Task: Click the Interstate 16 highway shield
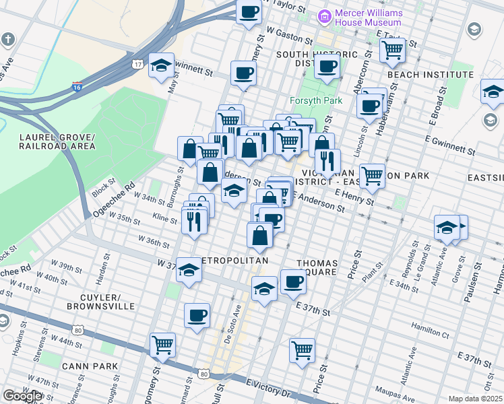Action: pos(77,87)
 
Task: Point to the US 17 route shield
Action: pos(137,64)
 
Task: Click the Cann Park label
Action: pos(90,366)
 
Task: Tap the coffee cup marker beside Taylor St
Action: pos(249,11)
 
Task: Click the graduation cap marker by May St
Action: pos(161,65)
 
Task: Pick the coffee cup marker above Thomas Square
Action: pos(293,281)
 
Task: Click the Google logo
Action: pos(22,396)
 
